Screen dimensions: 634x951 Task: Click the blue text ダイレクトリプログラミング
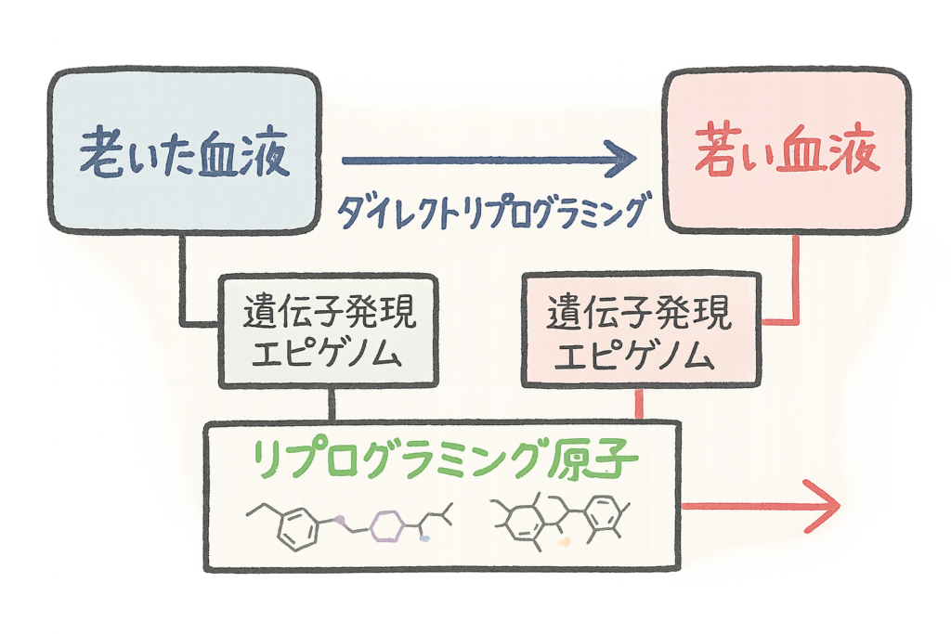(x=490, y=212)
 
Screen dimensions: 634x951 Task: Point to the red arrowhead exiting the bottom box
(x=822, y=507)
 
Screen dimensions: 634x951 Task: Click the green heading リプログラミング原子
(x=444, y=458)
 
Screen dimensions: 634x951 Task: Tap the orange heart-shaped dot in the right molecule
(x=564, y=536)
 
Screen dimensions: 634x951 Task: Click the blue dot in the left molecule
(x=425, y=537)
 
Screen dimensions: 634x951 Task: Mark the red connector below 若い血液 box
(x=797, y=278)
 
